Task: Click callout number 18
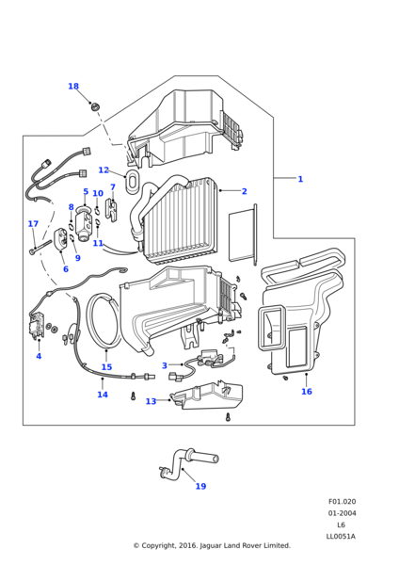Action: (73, 86)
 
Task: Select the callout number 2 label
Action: (244, 191)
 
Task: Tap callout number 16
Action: (307, 392)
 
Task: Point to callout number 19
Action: (201, 486)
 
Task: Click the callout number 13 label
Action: (151, 401)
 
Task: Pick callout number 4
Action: (39, 356)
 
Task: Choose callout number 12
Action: (104, 170)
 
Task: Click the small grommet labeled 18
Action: (95, 106)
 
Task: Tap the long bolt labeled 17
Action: (41, 247)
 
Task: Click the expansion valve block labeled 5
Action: (84, 226)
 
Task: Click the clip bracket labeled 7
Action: (111, 210)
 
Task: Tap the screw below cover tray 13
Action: (228, 417)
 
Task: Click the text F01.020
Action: (342, 502)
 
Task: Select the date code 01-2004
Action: (342, 513)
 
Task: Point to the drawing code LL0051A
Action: (341, 536)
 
